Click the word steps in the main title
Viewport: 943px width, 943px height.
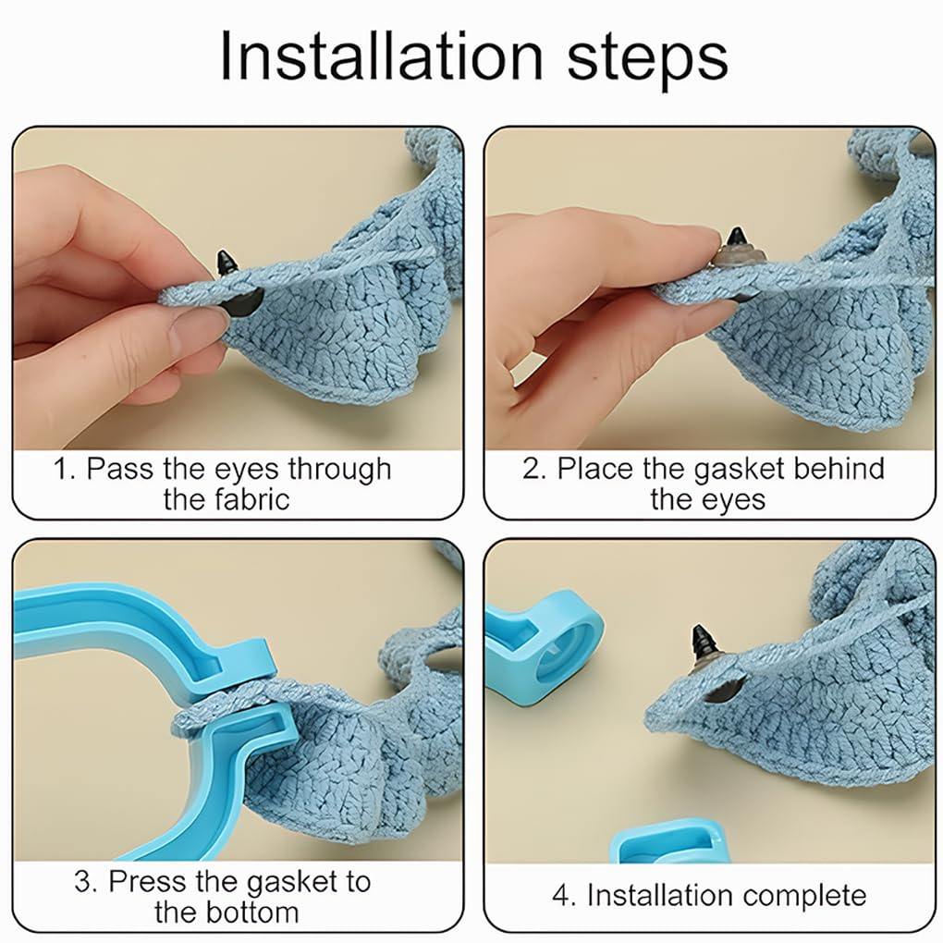point(647,61)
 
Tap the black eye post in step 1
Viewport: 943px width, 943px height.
point(227,263)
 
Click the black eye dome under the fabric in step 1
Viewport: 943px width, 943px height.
point(244,300)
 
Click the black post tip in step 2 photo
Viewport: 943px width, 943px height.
point(736,237)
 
